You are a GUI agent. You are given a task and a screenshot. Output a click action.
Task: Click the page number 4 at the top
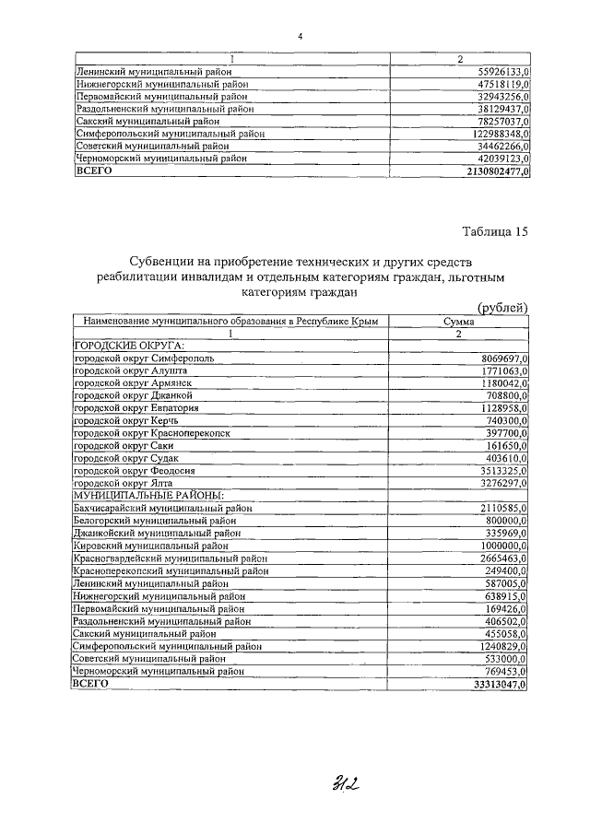pos(301,37)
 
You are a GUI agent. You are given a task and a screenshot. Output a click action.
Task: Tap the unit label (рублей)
pos(502,308)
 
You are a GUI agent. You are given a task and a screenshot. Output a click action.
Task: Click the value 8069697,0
pos(503,357)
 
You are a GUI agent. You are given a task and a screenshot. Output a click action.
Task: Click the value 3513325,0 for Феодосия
pos(503,470)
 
